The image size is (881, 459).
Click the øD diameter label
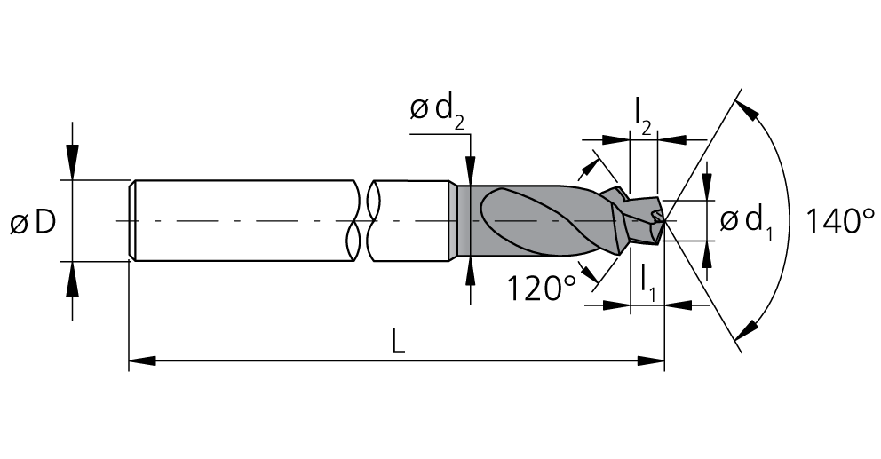(x=33, y=223)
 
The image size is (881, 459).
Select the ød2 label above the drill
(x=437, y=112)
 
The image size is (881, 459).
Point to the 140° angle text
(x=840, y=220)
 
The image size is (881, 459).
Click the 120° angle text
(x=543, y=289)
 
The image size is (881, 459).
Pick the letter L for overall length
(x=398, y=342)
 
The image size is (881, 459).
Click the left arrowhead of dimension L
(x=142, y=360)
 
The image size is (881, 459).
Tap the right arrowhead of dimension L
(x=651, y=360)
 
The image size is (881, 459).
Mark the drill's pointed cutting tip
(x=664, y=221)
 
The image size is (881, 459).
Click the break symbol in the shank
(x=363, y=221)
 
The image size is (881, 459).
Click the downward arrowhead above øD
(x=72, y=162)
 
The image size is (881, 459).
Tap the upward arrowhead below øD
(x=72, y=279)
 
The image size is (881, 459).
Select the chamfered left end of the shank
(x=132, y=221)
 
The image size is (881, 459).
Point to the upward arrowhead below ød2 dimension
(x=471, y=274)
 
